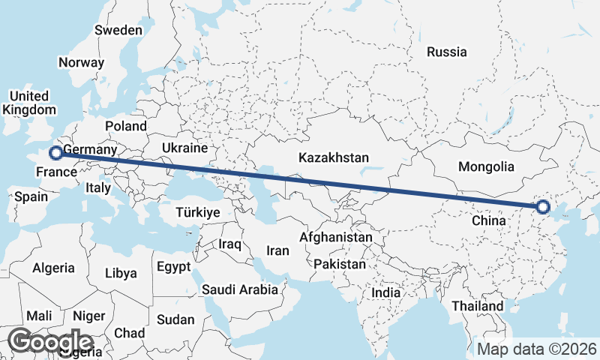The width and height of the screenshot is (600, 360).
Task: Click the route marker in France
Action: click(55, 154)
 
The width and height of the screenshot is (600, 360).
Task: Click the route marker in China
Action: click(542, 207)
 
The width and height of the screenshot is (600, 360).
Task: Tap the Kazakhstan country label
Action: click(334, 158)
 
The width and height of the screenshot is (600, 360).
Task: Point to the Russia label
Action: click(446, 52)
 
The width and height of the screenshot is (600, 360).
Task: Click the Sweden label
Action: click(118, 30)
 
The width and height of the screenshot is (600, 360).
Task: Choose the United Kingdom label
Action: click(28, 103)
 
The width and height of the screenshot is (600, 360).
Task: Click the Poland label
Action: click(126, 126)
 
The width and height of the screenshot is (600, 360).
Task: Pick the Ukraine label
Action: click(184, 148)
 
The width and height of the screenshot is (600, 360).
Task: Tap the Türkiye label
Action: click(197, 212)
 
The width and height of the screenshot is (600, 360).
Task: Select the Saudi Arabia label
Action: click(240, 289)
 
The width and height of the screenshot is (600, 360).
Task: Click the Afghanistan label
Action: click(335, 237)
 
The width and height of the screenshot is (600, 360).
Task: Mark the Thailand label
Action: click(478, 306)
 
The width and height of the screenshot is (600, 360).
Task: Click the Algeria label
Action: click(53, 268)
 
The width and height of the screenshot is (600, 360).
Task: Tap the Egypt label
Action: click(174, 266)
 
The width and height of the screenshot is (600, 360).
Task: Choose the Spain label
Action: click(31, 197)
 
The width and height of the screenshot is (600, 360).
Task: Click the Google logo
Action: click(50, 341)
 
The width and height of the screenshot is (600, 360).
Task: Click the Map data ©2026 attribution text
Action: click(537, 349)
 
